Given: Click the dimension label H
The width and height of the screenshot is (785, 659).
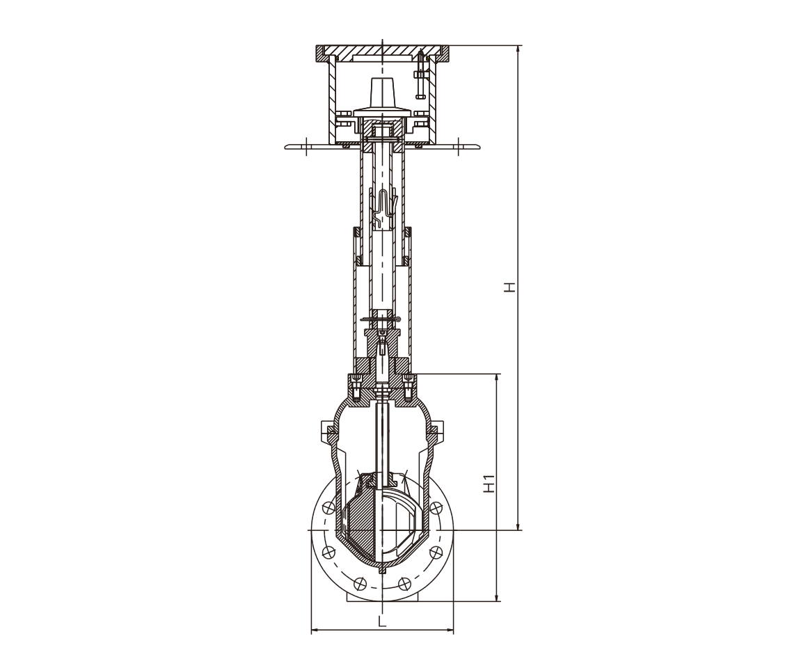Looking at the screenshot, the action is pyautogui.click(x=510, y=287).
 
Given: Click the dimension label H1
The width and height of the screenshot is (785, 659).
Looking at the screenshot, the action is pyautogui.click(x=489, y=483).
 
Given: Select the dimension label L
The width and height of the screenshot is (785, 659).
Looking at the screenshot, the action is pyautogui.click(x=382, y=622).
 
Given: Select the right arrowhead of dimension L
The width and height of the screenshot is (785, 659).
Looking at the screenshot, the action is pyautogui.click(x=449, y=630).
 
